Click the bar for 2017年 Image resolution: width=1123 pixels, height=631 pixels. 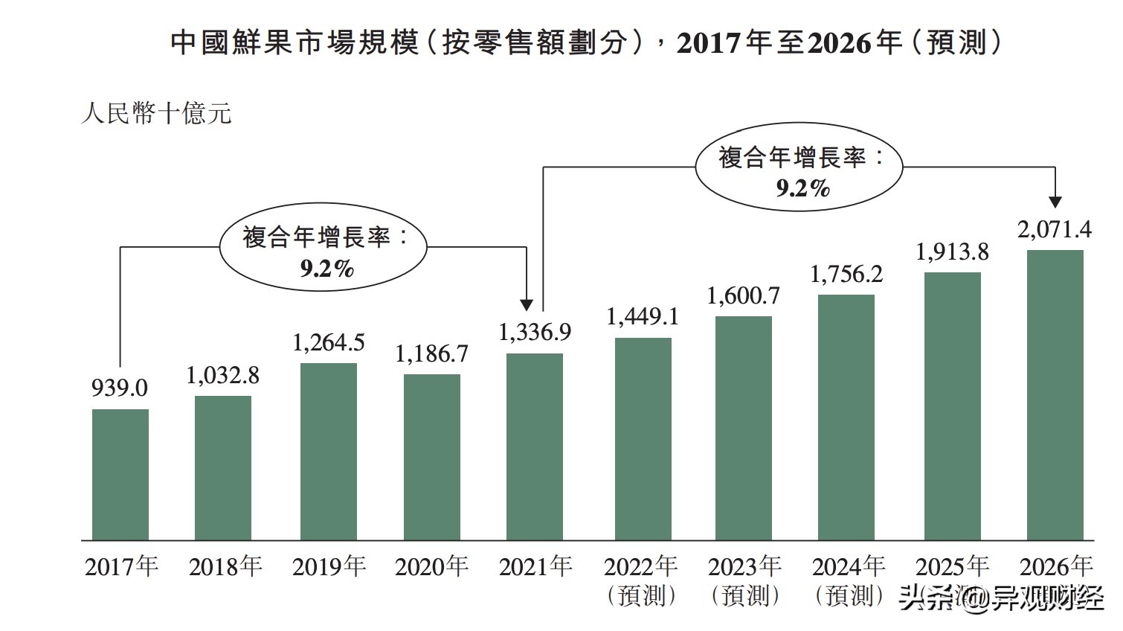click(x=120, y=474)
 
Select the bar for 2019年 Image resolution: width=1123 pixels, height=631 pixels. click(x=329, y=451)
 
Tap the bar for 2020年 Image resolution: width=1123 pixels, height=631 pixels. click(x=432, y=456)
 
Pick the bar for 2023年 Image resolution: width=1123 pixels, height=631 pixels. click(x=744, y=428)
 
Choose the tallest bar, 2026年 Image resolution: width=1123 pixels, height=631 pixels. click(x=1055, y=394)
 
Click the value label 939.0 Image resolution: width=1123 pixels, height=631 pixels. click(x=120, y=388)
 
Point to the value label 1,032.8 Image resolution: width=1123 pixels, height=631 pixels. click(x=223, y=375)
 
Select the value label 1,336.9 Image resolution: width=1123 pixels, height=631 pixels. click(x=535, y=332)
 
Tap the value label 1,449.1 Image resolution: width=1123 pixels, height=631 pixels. click(x=643, y=317)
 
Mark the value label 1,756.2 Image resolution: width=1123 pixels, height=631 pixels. click(x=846, y=274)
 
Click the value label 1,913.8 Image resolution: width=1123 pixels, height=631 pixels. click(x=952, y=252)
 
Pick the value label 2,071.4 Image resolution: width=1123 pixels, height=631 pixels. click(x=1055, y=230)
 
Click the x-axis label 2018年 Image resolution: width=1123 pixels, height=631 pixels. click(x=225, y=567)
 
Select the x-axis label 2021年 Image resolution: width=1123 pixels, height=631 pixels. click(x=535, y=567)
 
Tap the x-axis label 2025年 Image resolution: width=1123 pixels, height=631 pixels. click(x=952, y=567)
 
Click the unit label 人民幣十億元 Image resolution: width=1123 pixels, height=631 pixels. click(x=157, y=114)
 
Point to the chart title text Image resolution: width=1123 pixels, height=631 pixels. click(x=586, y=42)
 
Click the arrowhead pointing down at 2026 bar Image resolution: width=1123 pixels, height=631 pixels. click(x=1055, y=202)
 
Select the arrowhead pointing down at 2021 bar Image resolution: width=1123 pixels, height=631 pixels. click(x=527, y=304)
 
